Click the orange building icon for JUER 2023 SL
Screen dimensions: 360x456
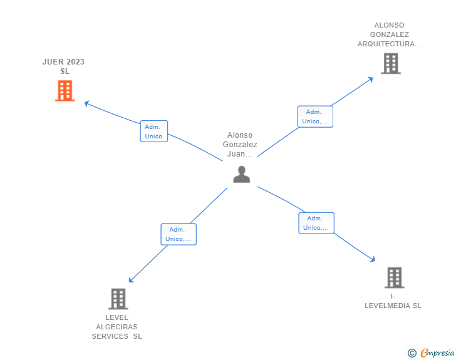click(x=65, y=91)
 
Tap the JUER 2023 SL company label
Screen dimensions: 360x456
click(x=64, y=66)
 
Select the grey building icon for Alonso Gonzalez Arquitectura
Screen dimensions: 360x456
click(x=390, y=63)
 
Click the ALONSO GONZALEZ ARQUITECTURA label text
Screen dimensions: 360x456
click(x=390, y=35)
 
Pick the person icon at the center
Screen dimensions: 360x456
click(x=241, y=175)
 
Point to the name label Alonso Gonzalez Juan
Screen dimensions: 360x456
click(x=240, y=144)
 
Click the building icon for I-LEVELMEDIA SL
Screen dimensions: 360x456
click(x=394, y=277)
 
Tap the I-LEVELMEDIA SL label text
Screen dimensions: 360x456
click(x=393, y=301)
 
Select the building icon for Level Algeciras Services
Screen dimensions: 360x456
click(x=118, y=299)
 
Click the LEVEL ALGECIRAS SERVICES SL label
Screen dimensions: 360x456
click(x=117, y=327)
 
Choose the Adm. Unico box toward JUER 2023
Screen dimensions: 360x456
click(x=153, y=131)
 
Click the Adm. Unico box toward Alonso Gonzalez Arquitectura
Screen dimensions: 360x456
click(x=315, y=116)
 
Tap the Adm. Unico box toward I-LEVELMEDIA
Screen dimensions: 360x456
click(x=316, y=223)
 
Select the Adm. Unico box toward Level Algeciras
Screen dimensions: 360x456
click(x=179, y=234)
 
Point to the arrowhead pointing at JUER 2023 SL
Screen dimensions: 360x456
click(x=87, y=103)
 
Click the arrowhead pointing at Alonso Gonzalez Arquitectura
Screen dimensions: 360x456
click(x=371, y=79)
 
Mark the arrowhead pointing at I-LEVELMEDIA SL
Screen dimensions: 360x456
click(x=373, y=259)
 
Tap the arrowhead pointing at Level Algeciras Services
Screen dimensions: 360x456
click(x=131, y=280)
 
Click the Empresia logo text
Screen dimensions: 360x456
click(x=438, y=353)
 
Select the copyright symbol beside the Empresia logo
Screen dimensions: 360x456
click(x=412, y=353)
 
